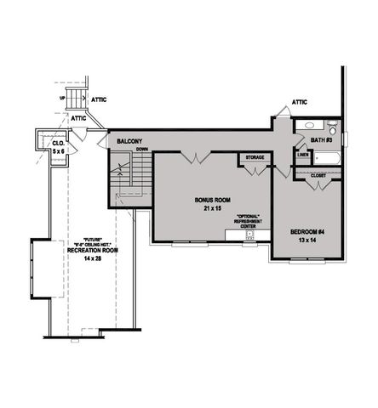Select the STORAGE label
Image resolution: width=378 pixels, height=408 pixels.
pos(255,157)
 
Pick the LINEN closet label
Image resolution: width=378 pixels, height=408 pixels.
pos(303,156)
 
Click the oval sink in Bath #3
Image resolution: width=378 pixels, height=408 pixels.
pos(306,127)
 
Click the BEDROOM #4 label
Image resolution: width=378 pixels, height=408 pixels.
pos(307,232)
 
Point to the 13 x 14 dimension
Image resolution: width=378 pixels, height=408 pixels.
pos(307,241)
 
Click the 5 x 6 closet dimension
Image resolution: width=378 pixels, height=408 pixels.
pos(59,150)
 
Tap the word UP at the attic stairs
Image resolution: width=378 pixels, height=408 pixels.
pos(61,98)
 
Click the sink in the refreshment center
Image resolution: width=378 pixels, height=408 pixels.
pos(249,234)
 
